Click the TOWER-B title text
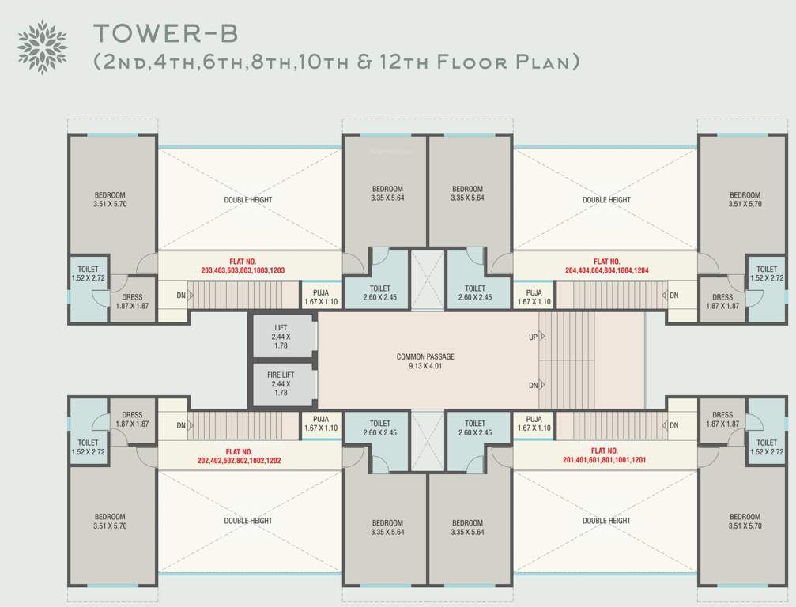[165, 34]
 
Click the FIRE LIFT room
[282, 383]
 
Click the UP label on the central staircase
[534, 337]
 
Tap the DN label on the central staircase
[534, 386]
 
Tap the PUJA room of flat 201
[534, 423]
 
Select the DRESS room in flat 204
[722, 301]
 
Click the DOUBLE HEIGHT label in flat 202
[248, 521]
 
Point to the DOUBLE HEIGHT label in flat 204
[606, 200]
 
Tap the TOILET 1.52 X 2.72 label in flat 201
[766, 447]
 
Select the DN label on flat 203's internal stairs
[180, 296]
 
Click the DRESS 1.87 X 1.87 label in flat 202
[132, 419]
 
